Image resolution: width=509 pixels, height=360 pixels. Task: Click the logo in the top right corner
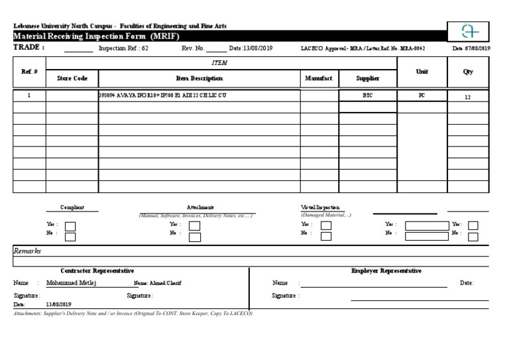coord(469,31)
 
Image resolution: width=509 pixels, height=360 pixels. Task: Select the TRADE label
coord(29,48)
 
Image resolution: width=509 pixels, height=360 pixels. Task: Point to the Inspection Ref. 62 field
coord(123,48)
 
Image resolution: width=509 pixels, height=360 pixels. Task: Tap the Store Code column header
coord(72,78)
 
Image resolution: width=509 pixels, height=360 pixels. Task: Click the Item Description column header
coord(199,78)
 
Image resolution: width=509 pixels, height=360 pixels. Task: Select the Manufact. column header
coord(319,78)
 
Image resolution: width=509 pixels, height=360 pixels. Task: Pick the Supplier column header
coord(368,78)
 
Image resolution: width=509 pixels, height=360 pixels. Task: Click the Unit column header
coord(422,72)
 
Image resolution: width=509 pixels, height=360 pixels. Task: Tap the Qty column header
coord(468,72)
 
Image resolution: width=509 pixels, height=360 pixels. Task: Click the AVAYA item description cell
coord(162,95)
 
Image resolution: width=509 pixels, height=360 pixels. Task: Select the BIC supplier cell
coord(368,95)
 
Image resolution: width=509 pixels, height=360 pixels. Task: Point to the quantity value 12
coord(467,97)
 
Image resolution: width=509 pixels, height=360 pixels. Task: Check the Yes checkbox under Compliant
coord(70,225)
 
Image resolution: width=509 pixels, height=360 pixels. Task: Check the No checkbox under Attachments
coord(194,235)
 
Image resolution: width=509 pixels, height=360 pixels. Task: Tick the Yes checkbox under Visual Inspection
coord(326,225)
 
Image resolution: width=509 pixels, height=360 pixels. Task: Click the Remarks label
coord(28,251)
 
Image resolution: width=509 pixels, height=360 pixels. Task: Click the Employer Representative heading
coord(386,271)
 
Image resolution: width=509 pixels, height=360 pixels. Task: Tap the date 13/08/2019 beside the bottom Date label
coord(58,304)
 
